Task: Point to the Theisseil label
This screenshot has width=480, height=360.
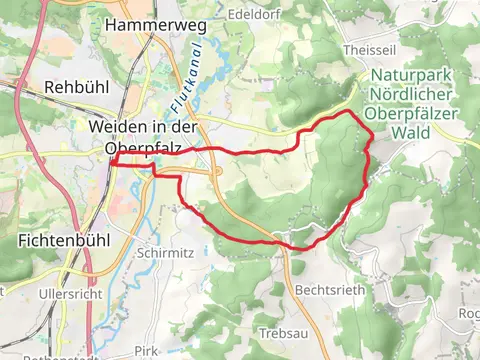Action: tap(392, 49)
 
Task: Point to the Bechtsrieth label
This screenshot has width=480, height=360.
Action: tap(321, 288)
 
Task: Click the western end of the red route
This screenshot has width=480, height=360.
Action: tap(113, 161)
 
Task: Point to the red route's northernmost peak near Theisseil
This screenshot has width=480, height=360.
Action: tap(347, 112)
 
